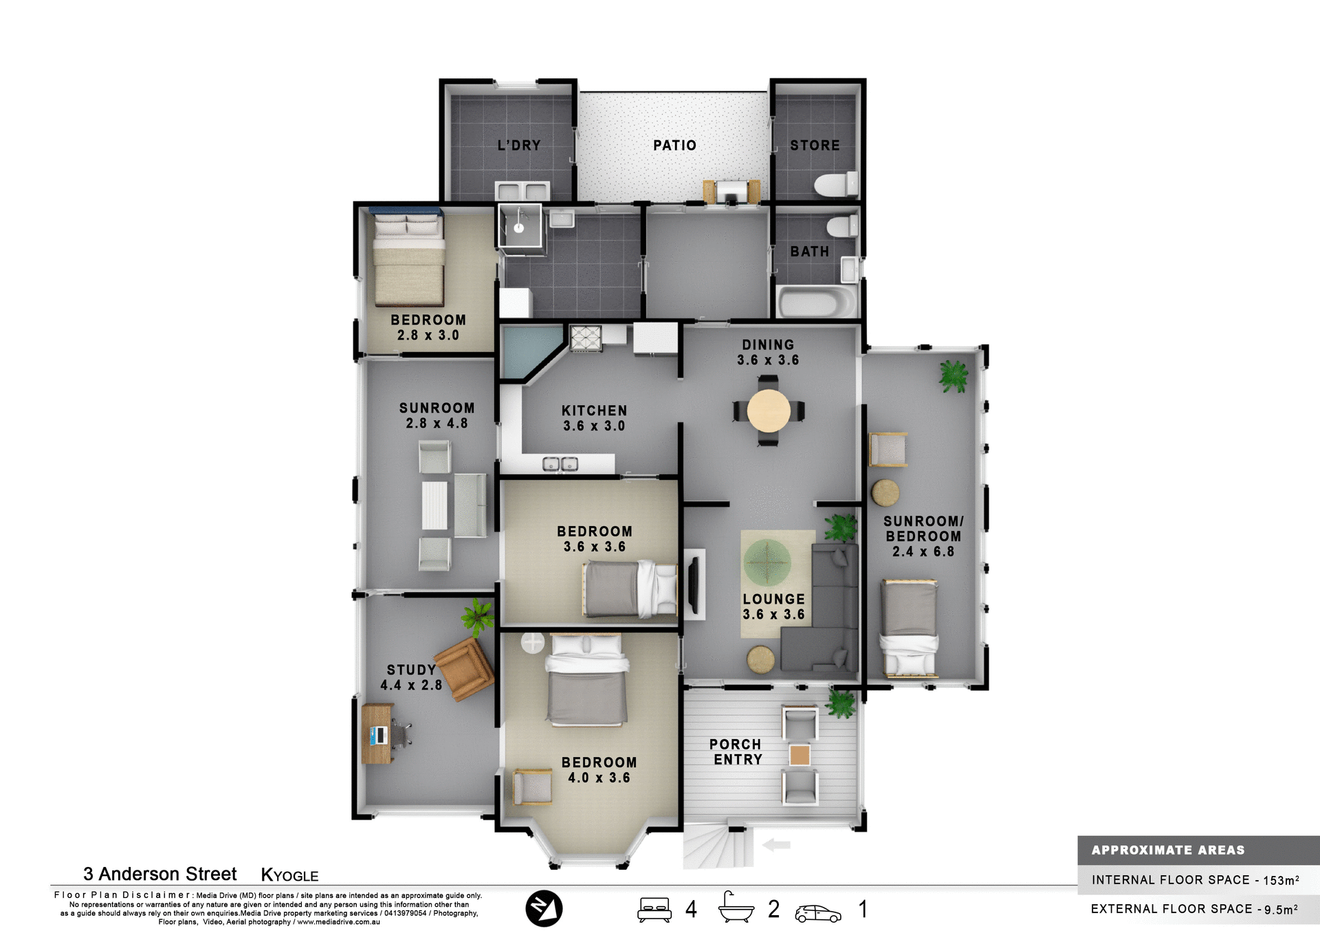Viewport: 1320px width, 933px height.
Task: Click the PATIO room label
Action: [x=674, y=145]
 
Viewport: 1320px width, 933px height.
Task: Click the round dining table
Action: [x=769, y=410]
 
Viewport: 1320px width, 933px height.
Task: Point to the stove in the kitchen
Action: [x=586, y=338]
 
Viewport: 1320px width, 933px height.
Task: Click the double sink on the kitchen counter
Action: [x=560, y=464]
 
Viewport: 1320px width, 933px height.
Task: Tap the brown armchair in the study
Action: [x=465, y=668]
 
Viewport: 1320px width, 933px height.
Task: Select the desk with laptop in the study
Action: [x=377, y=734]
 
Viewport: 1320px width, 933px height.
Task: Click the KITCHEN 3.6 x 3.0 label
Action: [x=594, y=418]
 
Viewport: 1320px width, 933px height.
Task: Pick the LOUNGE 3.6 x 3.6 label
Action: [x=773, y=606]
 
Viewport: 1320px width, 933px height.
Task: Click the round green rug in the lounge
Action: [x=767, y=562]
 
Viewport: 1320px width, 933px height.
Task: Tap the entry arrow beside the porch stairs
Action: [x=776, y=845]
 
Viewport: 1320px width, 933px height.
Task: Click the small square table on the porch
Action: [x=800, y=755]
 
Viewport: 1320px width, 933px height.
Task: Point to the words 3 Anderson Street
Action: [x=159, y=874]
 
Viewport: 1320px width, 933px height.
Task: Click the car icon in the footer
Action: [x=817, y=913]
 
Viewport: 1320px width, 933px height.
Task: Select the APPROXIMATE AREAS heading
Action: [x=1167, y=850]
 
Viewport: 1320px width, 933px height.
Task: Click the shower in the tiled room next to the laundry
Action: [x=520, y=226]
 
